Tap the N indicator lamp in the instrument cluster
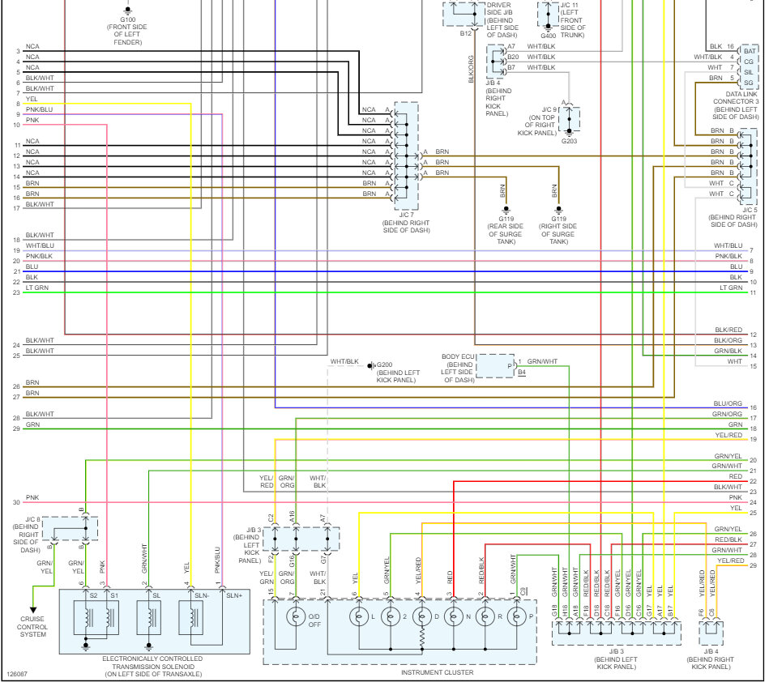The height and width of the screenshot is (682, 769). tap(454, 617)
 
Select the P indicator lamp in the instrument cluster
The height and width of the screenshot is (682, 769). tap(516, 617)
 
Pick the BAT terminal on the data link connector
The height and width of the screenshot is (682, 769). tap(750, 50)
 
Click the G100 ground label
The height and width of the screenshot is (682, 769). tap(129, 18)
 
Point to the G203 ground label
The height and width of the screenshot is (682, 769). tap(570, 140)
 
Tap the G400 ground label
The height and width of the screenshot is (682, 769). tap(549, 36)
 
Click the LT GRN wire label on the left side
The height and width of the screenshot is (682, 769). tap(36, 288)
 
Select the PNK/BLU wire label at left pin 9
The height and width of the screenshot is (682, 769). tap(39, 109)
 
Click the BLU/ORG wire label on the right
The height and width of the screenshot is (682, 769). tap(728, 403)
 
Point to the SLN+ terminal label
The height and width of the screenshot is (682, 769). tap(233, 595)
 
